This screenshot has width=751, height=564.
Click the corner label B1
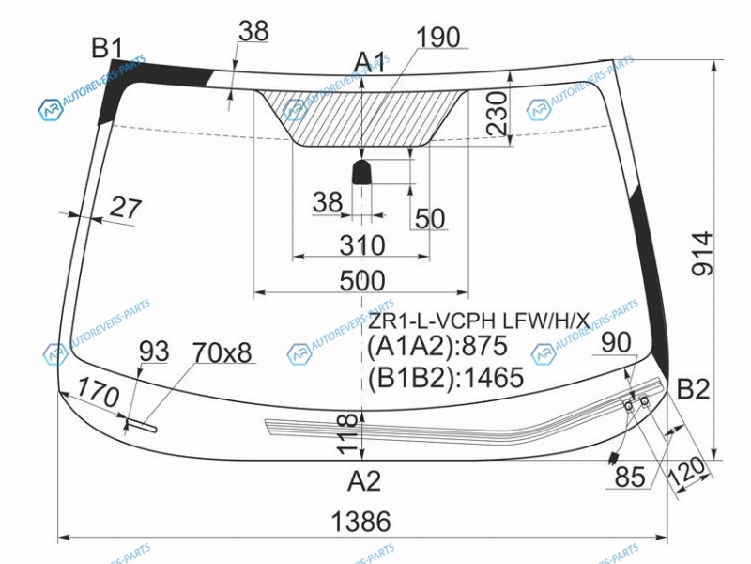click(107, 49)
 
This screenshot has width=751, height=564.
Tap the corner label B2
click(693, 389)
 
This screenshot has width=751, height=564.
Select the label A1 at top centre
click(370, 62)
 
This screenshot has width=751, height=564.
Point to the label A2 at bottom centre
click(364, 481)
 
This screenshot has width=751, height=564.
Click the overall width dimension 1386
click(361, 522)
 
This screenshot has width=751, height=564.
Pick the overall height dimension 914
click(702, 254)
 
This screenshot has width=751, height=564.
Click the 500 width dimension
click(362, 280)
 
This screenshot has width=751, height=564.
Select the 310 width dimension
click(362, 245)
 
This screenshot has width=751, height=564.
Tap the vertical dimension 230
click(497, 113)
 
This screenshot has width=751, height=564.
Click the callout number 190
click(438, 37)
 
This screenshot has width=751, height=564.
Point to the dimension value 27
click(126, 209)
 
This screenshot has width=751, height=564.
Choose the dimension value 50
click(430, 219)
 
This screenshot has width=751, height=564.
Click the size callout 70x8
click(222, 353)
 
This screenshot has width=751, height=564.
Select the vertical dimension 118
click(347, 434)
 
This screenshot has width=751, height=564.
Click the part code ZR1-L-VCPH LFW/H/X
click(479, 321)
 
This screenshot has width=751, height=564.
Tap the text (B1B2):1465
click(445, 377)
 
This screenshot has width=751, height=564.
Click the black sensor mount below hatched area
click(362, 172)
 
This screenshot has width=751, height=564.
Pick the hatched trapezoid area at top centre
click(361, 117)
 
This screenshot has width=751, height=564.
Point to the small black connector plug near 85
click(613, 459)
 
